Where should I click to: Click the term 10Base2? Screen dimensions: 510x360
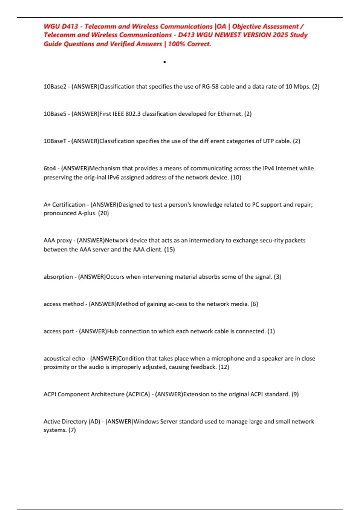tap(55, 87)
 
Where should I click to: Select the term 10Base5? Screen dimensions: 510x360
tap(55, 114)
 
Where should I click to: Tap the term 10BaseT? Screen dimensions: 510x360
tap(55, 141)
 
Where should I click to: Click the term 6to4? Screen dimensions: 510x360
tap(50, 168)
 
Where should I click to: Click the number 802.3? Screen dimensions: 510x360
tap(133, 114)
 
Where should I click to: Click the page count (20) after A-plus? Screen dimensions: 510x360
tap(103, 213)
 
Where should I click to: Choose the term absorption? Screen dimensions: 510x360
tap(58, 277)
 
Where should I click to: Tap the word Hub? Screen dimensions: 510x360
tap(112, 331)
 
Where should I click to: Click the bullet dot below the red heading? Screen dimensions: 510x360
tap(165, 62)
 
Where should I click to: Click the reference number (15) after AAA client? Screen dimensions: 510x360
tap(169, 250)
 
